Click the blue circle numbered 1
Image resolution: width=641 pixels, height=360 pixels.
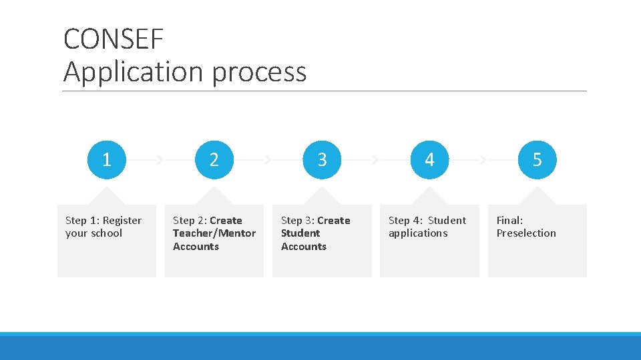pos(106,160)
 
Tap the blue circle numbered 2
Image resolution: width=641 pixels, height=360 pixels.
pos(214,160)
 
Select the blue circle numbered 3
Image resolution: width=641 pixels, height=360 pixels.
pos(322,160)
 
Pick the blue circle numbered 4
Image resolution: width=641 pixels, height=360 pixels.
pos(429,160)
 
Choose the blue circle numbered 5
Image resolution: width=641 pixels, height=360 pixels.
pos(537,160)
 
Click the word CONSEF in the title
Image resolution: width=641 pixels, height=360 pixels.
pos(114,39)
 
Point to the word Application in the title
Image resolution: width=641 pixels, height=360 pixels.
pos(134,72)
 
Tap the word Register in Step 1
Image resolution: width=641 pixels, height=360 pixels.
pos(122,220)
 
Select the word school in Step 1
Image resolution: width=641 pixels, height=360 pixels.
pos(106,233)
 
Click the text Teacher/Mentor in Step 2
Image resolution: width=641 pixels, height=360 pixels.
pos(214,233)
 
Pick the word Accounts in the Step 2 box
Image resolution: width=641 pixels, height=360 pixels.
pos(196,247)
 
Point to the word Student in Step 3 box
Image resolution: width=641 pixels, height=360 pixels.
pos(300,233)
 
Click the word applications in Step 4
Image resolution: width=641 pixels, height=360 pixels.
pos(418,233)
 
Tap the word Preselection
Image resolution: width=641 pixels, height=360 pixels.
pos(526,233)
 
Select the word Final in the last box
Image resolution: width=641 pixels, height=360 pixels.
pos(509,220)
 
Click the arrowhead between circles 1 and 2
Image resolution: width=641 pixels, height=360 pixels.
pos(160,160)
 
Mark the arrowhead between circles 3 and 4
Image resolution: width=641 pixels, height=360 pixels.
pos(375,160)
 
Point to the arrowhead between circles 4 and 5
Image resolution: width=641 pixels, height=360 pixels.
pos(483,160)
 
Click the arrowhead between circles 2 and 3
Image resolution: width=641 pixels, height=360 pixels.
pos(267,160)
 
